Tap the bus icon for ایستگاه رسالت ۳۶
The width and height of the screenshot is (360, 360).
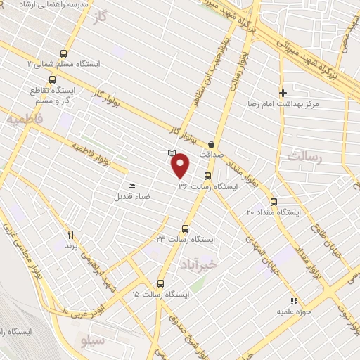pyautogui.click(x=207, y=176)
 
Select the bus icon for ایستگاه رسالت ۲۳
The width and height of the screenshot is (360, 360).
pyautogui.click(x=186, y=229)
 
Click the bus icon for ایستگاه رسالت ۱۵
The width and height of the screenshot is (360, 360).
pyautogui.click(x=161, y=283)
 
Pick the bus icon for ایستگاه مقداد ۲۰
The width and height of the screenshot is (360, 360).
pyautogui.click(x=274, y=202)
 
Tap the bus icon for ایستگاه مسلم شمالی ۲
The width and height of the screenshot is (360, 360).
pyautogui.click(x=64, y=53)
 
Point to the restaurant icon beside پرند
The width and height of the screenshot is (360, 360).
pyautogui.click(x=70, y=235)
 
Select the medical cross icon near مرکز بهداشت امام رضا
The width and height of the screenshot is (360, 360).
pyautogui.click(x=283, y=93)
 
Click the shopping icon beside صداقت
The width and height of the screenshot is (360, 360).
pyautogui.click(x=211, y=144)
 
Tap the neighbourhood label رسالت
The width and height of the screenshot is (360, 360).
pyautogui.click(x=304, y=157)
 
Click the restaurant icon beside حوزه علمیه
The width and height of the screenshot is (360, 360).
pyautogui.click(x=295, y=300)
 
